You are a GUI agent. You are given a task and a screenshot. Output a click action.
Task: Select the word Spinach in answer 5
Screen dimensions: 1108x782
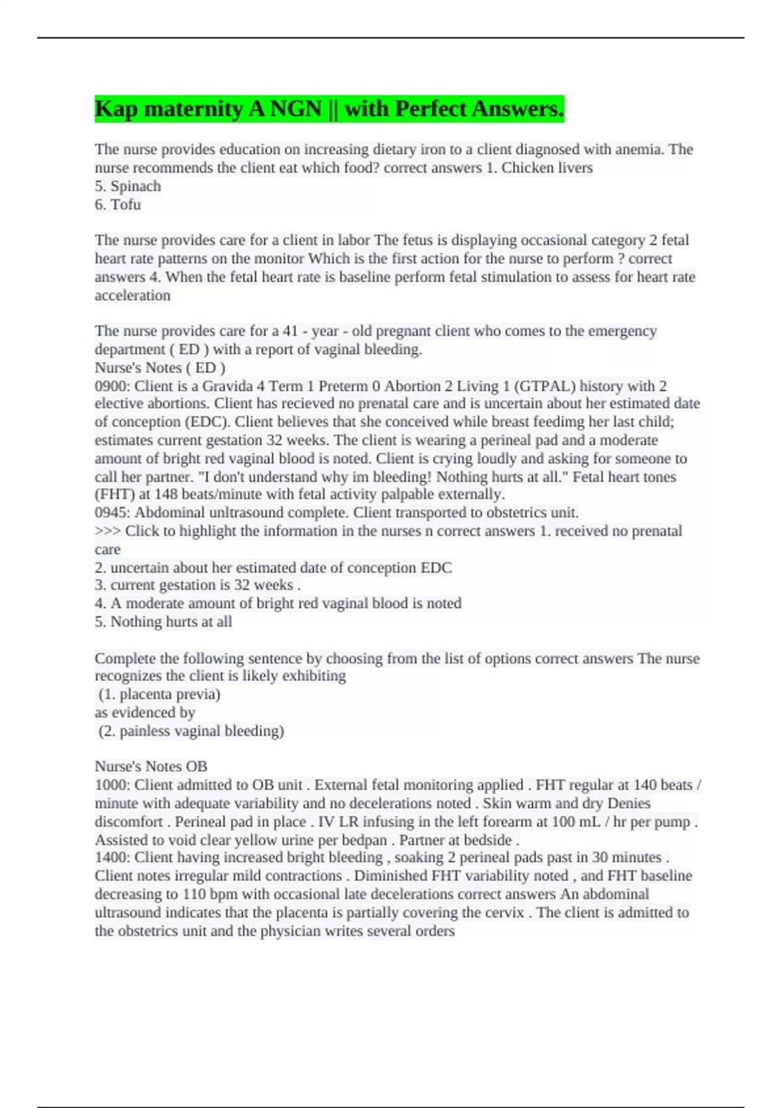point(136,186)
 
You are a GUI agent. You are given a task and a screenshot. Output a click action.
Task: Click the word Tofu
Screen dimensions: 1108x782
point(126,205)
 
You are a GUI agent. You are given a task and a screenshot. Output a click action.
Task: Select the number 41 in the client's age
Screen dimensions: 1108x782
point(290,331)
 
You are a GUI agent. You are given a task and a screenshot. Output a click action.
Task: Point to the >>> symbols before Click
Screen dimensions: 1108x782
point(108,531)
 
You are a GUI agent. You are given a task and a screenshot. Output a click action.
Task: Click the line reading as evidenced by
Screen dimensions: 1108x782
point(145,712)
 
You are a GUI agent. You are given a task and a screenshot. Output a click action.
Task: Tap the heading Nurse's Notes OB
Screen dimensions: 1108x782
point(151,766)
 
